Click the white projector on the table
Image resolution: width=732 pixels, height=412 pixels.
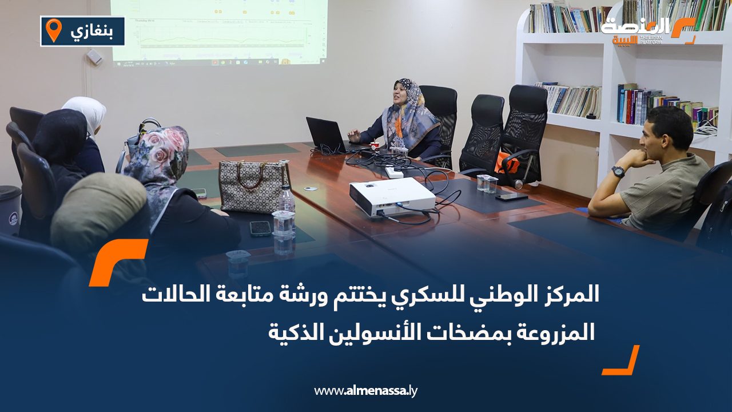click(392, 196)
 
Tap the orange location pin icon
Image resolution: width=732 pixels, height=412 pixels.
click(53, 30)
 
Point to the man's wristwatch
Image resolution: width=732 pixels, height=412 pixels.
click(618, 171)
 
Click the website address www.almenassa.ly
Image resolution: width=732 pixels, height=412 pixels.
click(366, 391)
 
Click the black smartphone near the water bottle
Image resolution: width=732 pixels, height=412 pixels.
click(260, 228)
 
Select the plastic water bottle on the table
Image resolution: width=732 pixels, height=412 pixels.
click(285, 200)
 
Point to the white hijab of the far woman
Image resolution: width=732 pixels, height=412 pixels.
click(86, 112)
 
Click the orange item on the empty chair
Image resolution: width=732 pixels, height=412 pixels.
click(507, 163)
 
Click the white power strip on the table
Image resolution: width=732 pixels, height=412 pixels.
click(395, 171)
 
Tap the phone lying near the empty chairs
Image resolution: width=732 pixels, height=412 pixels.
click(511, 196)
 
